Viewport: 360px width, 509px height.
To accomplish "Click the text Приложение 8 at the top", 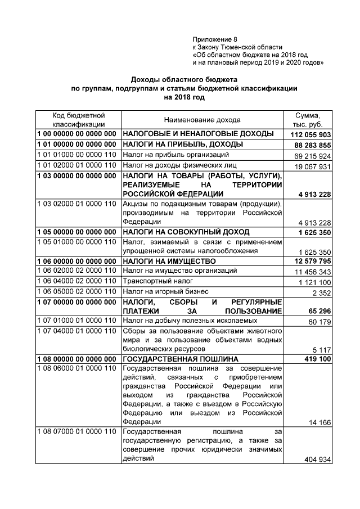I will [x=215, y=39].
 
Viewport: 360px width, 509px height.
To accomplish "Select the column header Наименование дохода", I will [x=202, y=120].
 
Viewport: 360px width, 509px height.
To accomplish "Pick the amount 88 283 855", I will [x=312, y=145].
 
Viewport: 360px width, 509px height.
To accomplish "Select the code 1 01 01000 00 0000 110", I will [x=76, y=154].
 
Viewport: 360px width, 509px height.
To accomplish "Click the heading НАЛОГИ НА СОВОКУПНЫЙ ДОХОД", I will [x=186, y=232].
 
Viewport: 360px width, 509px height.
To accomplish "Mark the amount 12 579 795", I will [x=312, y=262].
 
